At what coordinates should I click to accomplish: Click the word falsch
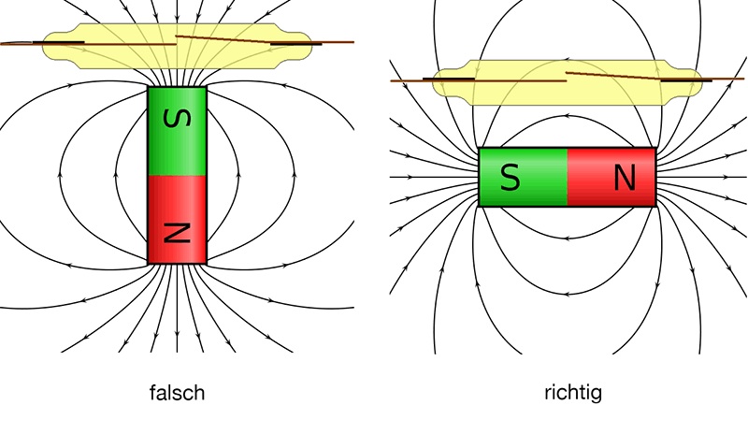[176, 393]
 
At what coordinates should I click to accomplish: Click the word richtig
[572, 393]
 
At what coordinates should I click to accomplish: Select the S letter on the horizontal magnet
[511, 177]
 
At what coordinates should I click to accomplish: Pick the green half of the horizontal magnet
[522, 177]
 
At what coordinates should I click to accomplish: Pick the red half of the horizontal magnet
[611, 177]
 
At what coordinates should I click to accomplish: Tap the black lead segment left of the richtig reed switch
[440, 80]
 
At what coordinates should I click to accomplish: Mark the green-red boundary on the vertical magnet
[176, 175]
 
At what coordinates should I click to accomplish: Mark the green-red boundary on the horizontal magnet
[567, 177]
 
